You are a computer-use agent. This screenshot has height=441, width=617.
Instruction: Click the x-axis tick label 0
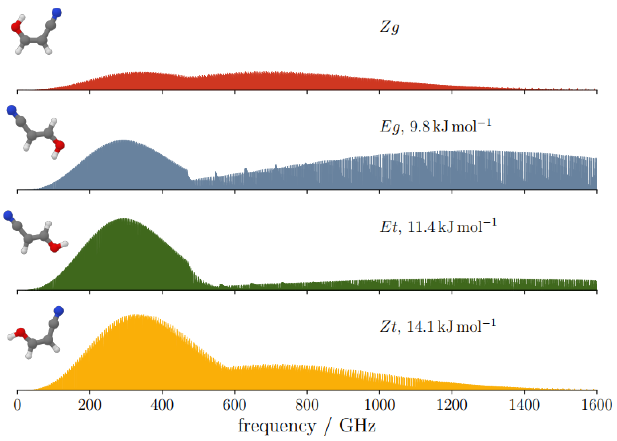[x=17, y=405]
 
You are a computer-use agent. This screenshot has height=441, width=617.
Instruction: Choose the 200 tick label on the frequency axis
[x=90, y=405]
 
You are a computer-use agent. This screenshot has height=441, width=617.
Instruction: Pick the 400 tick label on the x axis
[x=162, y=405]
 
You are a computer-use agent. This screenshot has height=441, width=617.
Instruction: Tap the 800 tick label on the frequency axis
[x=307, y=405]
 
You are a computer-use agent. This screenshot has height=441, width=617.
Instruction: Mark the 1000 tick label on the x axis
[x=379, y=405]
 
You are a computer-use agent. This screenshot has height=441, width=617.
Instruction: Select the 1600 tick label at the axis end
[x=596, y=405]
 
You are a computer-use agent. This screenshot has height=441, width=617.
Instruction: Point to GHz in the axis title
[x=357, y=425]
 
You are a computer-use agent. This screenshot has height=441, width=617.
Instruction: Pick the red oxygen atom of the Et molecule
[x=55, y=247]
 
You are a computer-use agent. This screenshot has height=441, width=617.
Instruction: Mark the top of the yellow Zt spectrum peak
[x=136, y=315]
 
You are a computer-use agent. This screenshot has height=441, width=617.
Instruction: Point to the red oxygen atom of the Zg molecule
[x=16, y=27]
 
